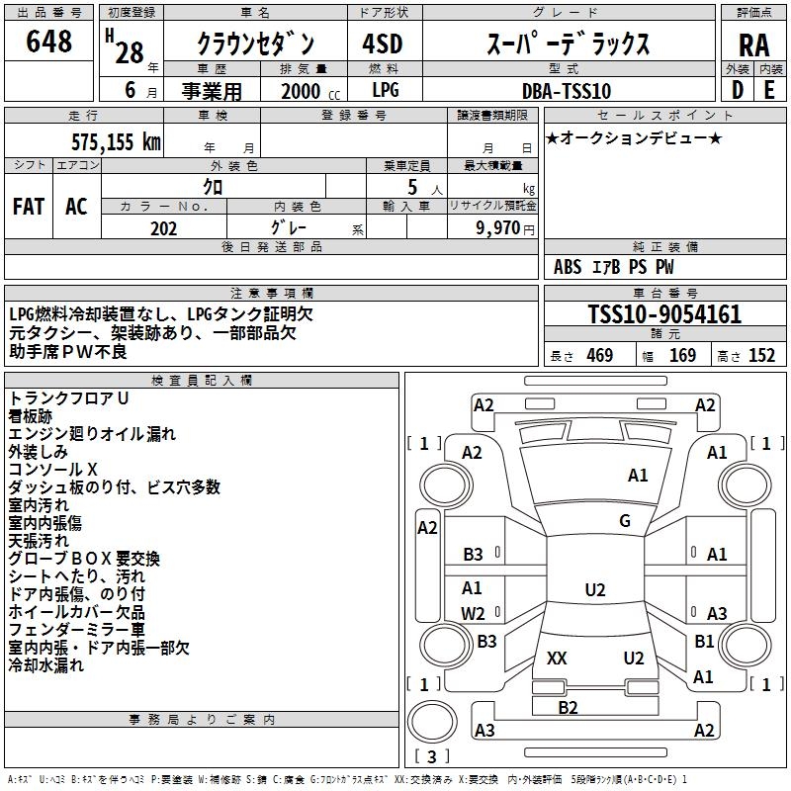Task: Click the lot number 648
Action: [49, 43]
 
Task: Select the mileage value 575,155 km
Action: [116, 141]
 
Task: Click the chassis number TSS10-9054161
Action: [663, 315]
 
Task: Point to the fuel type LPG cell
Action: [386, 91]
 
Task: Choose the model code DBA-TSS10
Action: [567, 91]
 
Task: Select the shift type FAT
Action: [28, 207]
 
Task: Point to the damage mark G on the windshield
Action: [625, 521]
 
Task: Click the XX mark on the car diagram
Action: [557, 659]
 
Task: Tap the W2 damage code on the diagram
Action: [474, 613]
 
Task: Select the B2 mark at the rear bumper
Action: [568, 707]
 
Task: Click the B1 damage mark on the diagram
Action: [704, 642]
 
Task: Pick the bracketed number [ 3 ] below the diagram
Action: [431, 757]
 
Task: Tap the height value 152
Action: [761, 356]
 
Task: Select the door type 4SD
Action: [386, 44]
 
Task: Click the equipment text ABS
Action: [568, 267]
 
